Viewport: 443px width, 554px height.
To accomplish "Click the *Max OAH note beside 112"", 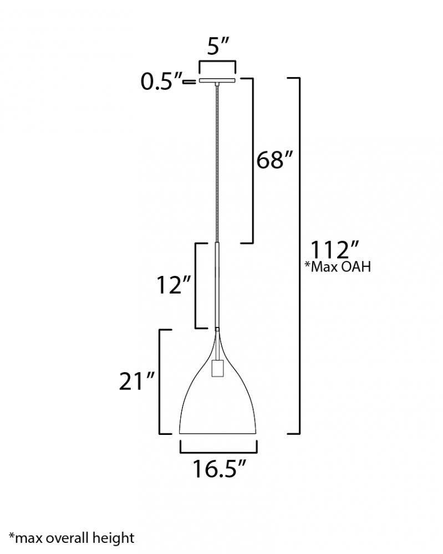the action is (x=338, y=267).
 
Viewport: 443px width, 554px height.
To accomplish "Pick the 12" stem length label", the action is (x=174, y=285).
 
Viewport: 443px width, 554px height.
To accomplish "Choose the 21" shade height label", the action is (x=137, y=381).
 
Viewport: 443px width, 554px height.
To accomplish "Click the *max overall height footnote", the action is (x=72, y=538).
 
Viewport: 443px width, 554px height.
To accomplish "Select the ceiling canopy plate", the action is (x=217, y=81).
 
